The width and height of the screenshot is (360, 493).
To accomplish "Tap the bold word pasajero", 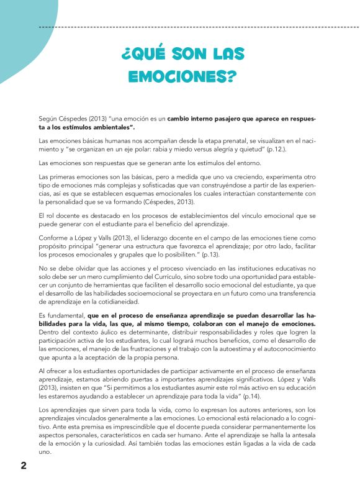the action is [222, 118].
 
